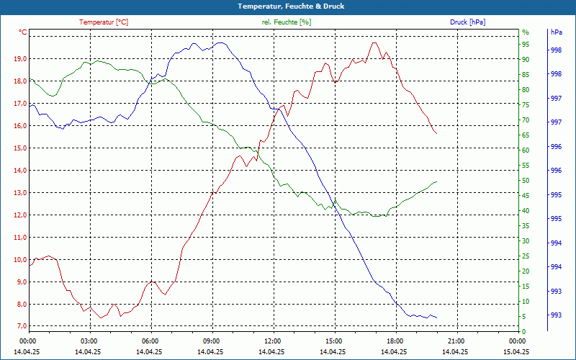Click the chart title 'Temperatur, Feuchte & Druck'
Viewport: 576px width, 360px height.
tap(288, 6)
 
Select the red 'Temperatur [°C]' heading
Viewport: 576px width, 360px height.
tap(104, 22)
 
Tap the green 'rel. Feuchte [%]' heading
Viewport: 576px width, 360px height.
tap(287, 22)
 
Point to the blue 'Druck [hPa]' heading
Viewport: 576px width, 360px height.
tap(467, 22)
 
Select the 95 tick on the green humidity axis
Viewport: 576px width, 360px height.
tap(526, 45)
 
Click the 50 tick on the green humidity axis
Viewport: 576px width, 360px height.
tap(526, 181)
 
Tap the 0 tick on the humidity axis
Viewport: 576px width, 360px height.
tap(524, 332)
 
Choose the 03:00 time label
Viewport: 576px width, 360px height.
tap(89, 341)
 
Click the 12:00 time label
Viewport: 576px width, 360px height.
tap(273, 341)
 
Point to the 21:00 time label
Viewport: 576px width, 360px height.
tap(456, 341)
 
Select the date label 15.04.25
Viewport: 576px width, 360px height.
tap(517, 351)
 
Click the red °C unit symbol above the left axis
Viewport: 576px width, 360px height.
tap(22, 32)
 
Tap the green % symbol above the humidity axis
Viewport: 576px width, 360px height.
tap(526, 32)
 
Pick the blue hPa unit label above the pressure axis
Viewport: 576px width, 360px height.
tap(557, 32)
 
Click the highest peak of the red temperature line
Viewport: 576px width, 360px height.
tap(374, 42)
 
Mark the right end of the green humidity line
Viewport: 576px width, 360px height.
tap(436, 181)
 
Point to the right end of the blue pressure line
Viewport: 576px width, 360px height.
tap(436, 318)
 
